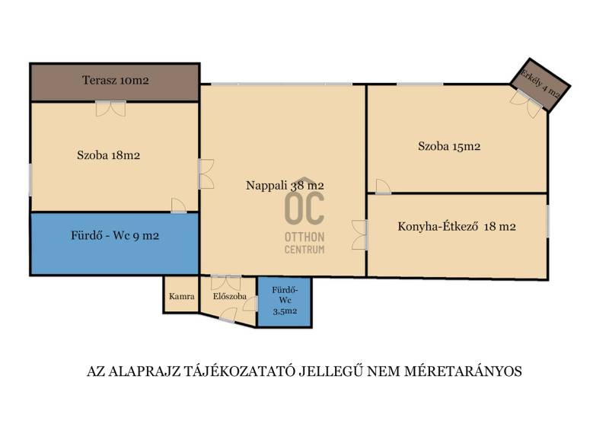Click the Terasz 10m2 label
[116, 81]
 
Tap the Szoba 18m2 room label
[108, 155]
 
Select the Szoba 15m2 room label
[449, 146]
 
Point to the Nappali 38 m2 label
[285, 185]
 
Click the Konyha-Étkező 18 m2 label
[457, 227]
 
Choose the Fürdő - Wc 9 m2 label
[115, 236]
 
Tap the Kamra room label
[182, 296]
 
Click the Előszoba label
[230, 296]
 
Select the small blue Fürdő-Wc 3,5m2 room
[285, 302]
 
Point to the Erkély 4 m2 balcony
[540, 85]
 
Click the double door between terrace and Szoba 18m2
[111, 108]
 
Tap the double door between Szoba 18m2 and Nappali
[206, 174]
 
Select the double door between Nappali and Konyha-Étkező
[359, 234]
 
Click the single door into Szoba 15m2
[383, 186]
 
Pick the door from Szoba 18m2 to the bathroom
[179, 205]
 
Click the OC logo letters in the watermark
[304, 209]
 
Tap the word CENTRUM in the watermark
[304, 250]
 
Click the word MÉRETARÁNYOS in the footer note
[464, 371]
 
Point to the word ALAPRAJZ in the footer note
[145, 371]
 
